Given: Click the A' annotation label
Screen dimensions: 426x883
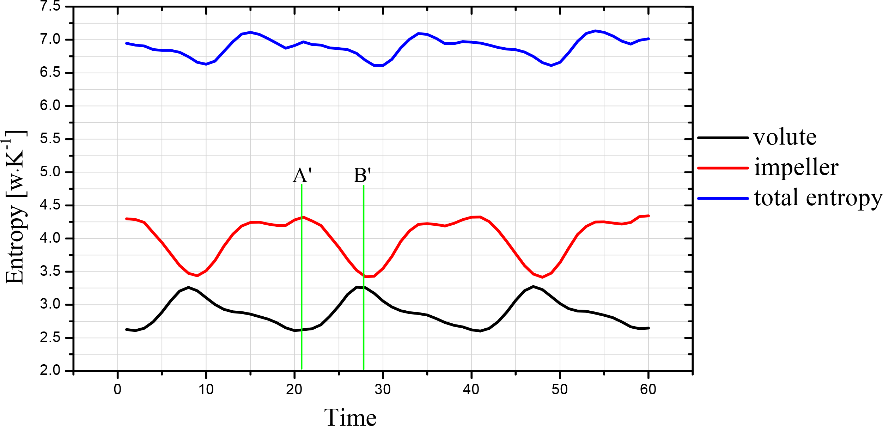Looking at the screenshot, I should click(x=302, y=175).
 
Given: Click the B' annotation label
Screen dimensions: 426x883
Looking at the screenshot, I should click(x=362, y=175).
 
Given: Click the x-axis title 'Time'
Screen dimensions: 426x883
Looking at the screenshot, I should click(x=350, y=418).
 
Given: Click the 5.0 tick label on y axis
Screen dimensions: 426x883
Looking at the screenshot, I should click(x=50, y=172).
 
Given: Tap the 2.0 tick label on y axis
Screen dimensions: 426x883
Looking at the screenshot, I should click(x=50, y=371).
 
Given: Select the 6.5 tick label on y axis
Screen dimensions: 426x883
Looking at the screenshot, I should click(x=50, y=73).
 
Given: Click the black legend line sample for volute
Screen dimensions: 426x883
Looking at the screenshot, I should click(x=723, y=138).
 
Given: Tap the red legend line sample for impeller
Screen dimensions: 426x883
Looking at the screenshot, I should click(x=723, y=168).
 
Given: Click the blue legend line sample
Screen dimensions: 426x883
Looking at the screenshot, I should click(x=723, y=199).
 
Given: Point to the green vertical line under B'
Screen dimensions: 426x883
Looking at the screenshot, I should click(x=364, y=317).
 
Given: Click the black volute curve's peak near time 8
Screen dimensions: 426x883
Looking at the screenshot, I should click(x=189, y=287).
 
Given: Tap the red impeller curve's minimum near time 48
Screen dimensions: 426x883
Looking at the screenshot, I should click(x=542, y=277).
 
